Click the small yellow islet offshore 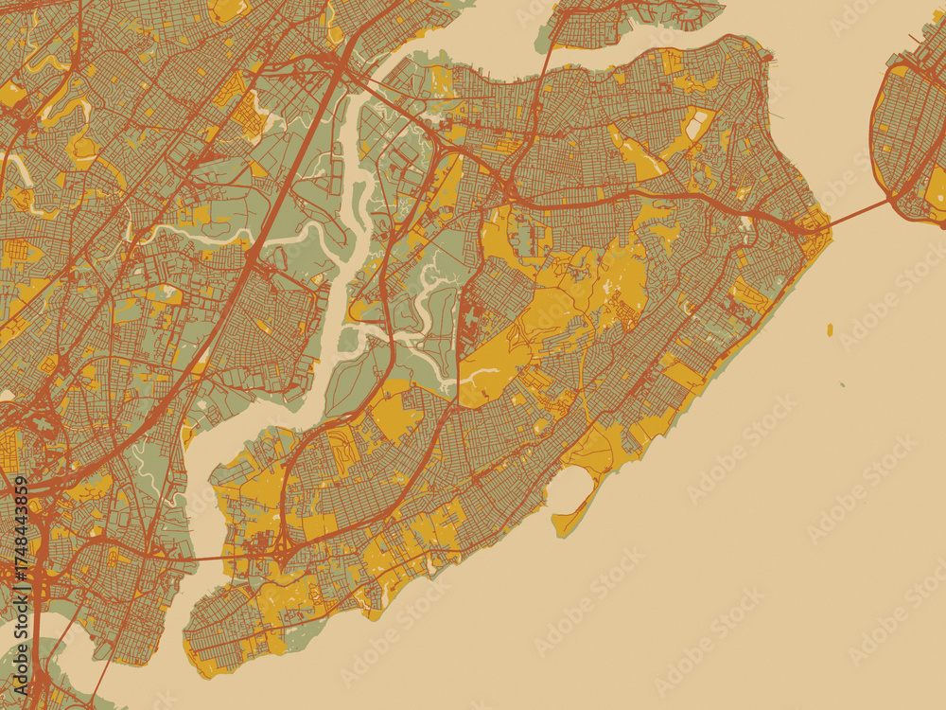(x=830, y=330)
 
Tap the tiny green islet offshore (x=842, y=385)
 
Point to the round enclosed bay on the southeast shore (x=570, y=489)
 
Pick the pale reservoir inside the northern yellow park (x=697, y=124)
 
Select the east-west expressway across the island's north (x=643, y=194)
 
